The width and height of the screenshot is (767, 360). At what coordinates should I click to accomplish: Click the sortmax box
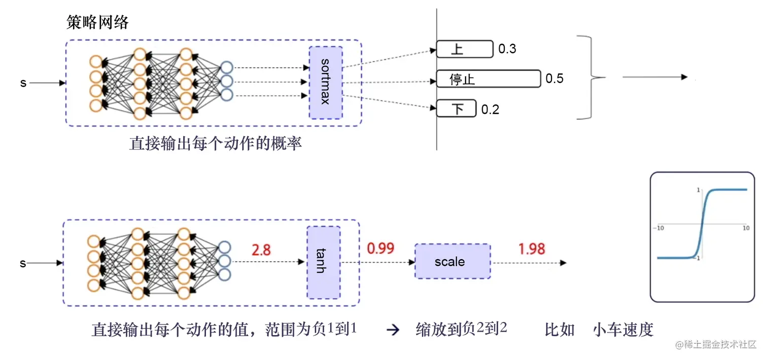(x=326, y=82)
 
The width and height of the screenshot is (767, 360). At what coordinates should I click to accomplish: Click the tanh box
(x=323, y=262)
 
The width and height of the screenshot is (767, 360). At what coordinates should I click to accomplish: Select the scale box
(x=452, y=262)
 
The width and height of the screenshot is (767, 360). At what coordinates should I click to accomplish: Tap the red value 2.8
(x=261, y=249)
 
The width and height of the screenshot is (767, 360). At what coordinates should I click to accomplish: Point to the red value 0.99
(x=380, y=248)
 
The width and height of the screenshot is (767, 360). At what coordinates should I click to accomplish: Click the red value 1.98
(x=532, y=248)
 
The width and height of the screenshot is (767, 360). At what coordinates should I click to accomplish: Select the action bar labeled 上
(x=464, y=49)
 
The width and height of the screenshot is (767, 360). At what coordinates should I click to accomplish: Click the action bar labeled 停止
(x=488, y=79)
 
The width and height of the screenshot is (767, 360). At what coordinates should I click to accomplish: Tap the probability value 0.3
(x=507, y=49)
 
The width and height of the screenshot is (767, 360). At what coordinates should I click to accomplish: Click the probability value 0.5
(x=554, y=79)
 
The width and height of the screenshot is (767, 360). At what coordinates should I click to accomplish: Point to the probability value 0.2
(x=490, y=109)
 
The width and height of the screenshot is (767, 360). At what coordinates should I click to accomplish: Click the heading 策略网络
(x=98, y=22)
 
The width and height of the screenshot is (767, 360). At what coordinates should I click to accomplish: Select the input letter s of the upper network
(x=23, y=83)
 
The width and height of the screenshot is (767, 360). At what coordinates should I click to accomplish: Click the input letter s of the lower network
(x=23, y=264)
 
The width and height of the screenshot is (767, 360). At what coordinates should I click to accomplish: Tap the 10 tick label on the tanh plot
(x=746, y=229)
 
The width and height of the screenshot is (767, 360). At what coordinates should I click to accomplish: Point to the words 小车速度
(x=623, y=330)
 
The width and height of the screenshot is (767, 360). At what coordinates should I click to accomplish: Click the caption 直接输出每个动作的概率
(x=216, y=143)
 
